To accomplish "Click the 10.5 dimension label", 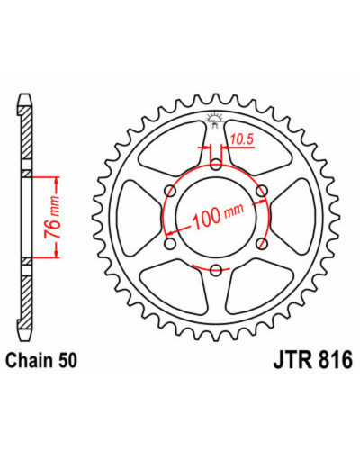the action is point(242,139).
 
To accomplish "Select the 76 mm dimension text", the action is point(52,217).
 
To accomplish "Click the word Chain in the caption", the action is point(26,361).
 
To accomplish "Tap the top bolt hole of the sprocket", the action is point(216,165).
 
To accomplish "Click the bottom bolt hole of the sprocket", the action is point(216,270).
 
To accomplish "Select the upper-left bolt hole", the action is point(170,191).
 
